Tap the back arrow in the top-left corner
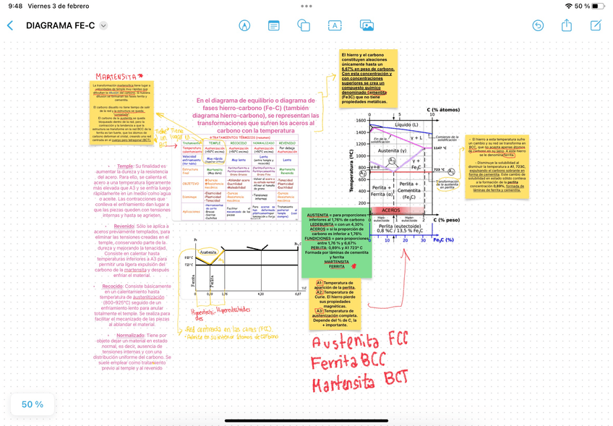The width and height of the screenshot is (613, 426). coord(10,25)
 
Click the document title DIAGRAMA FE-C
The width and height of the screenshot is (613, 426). coord(60,25)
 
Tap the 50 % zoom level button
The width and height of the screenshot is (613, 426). coord(33,404)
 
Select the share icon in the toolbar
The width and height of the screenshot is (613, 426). coord(567,25)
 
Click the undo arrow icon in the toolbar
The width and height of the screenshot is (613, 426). coord(538,25)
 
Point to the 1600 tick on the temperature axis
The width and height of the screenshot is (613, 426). coord(361,121)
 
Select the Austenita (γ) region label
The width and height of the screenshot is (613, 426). coord(393,150)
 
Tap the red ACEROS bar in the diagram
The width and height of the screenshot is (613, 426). coord(391,210)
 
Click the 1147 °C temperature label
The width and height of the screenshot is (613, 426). coord(440,148)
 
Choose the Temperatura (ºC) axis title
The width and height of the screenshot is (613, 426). coord(353,171)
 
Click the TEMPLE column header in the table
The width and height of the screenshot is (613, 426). coord(215,143)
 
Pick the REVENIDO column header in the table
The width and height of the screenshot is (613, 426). coord(238,143)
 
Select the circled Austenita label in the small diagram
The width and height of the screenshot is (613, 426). coord(208,252)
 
